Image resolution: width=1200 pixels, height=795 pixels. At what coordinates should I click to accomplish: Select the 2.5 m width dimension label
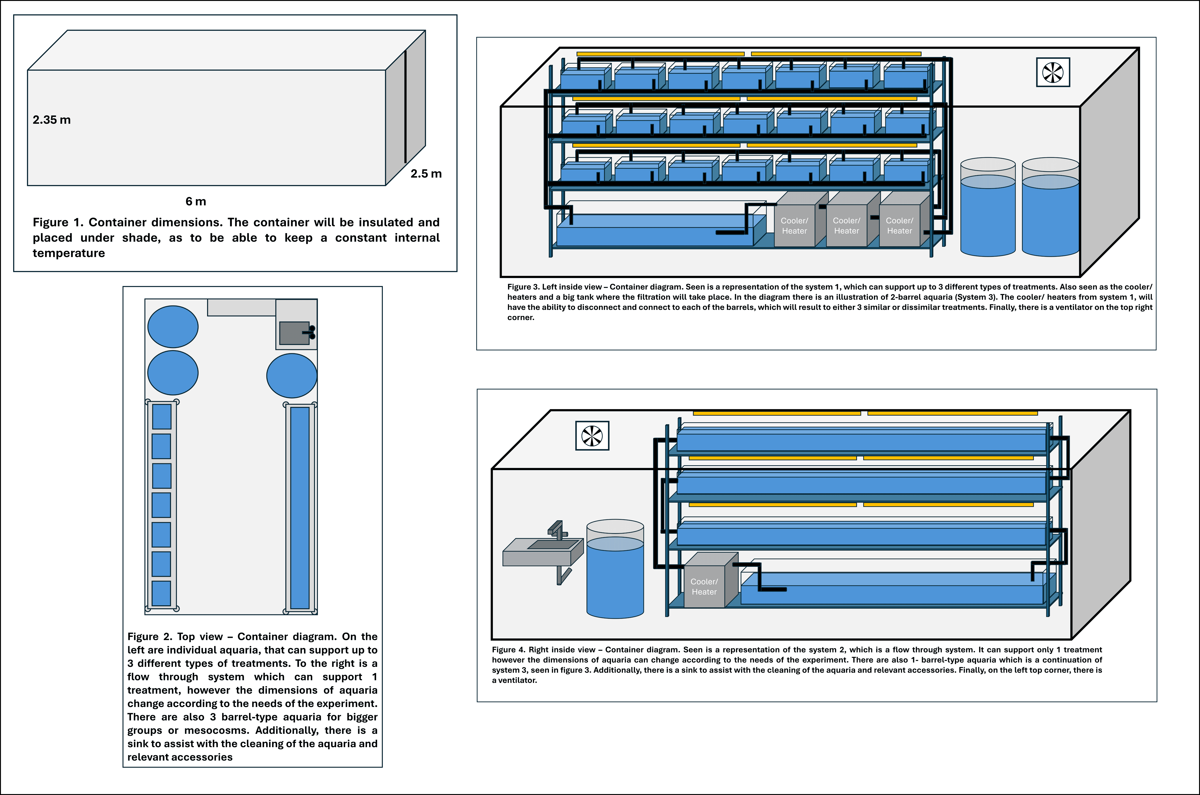[x=426, y=173]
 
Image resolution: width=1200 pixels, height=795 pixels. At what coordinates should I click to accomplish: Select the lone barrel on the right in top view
[x=292, y=376]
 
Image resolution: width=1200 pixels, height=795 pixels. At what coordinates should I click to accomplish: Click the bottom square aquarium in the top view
[x=161, y=593]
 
